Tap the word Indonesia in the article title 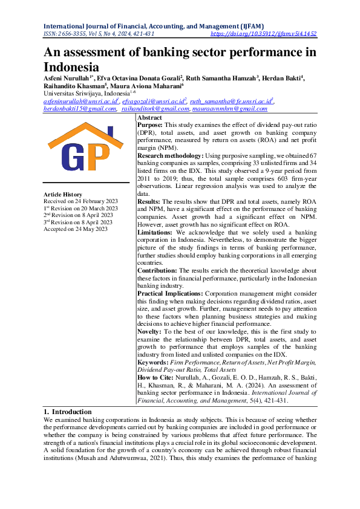click(71, 66)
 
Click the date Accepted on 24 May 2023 click(76, 229)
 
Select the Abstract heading click(149, 117)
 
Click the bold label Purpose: click(151, 124)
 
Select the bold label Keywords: click(154, 361)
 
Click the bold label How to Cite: click(156, 376)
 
